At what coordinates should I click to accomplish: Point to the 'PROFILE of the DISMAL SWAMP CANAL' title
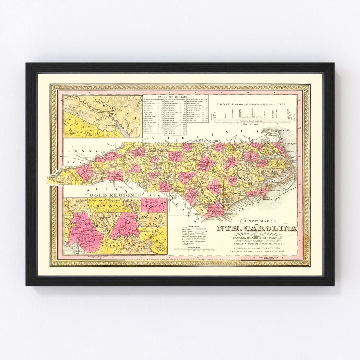[x=254, y=104]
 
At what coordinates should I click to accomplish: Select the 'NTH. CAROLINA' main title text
[x=257, y=228]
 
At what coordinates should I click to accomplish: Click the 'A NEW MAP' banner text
[x=256, y=221]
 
